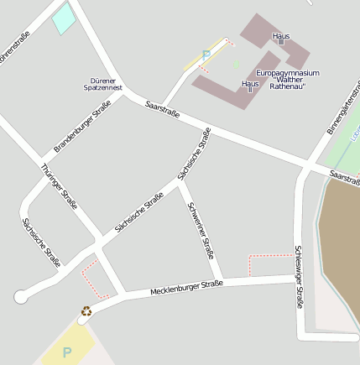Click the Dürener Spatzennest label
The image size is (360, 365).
click(x=106, y=84)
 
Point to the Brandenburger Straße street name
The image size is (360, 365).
click(x=82, y=126)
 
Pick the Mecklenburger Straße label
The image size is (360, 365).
click(x=186, y=288)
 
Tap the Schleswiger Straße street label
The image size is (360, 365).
click(x=298, y=277)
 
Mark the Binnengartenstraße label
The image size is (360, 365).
click(x=342, y=110)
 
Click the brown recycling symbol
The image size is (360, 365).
click(x=86, y=310)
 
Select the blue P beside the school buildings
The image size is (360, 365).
click(x=206, y=55)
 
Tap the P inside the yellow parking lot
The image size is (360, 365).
click(x=67, y=352)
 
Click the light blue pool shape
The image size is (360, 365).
click(x=64, y=18)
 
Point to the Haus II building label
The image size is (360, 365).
click(x=249, y=86)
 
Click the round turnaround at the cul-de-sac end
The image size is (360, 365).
click(x=21, y=296)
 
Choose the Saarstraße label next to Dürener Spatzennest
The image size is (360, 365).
click(x=162, y=109)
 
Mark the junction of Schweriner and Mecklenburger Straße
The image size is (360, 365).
click(x=219, y=282)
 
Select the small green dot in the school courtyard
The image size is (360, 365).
click(x=237, y=63)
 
